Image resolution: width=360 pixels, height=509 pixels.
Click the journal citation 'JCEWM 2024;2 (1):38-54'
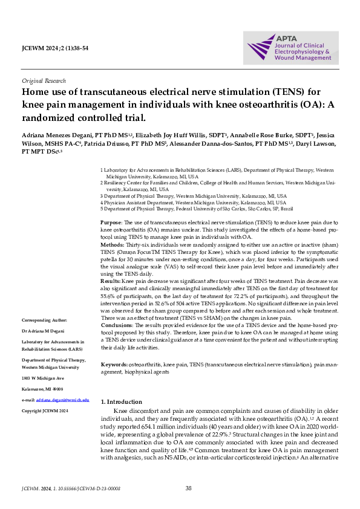pos(55,47)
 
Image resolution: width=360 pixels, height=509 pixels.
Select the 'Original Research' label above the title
pos(44,80)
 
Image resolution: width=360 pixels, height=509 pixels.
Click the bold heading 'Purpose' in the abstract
pos(111,224)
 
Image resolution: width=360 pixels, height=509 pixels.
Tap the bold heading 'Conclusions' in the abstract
pos(116,325)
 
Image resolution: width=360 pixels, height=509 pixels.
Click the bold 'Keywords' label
pos(114,365)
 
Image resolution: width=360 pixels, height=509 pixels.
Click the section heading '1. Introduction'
pos(121,402)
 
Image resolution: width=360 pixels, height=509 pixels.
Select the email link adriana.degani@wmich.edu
pos(62,400)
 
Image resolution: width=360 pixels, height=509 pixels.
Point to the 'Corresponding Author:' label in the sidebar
pos(44,319)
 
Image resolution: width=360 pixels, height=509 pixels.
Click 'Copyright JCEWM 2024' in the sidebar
pos(45,410)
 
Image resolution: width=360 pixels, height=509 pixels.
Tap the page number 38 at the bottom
pos(188,488)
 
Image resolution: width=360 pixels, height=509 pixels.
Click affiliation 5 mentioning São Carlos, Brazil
pos(197,209)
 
